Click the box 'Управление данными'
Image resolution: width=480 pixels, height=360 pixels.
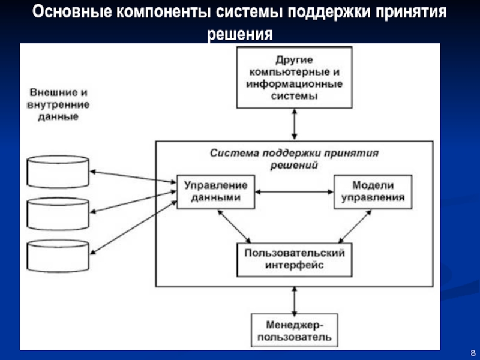click(215, 191)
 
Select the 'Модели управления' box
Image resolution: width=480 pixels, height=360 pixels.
click(373, 191)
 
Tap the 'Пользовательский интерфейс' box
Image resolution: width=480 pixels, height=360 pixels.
click(294, 258)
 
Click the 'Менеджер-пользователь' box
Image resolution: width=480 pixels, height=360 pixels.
click(294, 331)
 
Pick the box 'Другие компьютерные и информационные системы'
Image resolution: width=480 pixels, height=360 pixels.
click(294, 77)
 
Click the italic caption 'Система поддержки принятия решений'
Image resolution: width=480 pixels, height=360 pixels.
click(294, 158)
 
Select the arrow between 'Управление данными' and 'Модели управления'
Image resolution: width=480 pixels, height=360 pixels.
click(293, 192)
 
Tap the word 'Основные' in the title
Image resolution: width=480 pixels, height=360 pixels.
click(71, 12)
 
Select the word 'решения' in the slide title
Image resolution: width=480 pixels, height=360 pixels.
click(239, 34)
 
